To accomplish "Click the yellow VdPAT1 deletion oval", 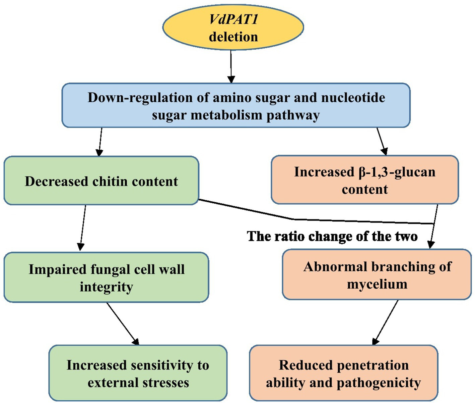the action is (x=233, y=28).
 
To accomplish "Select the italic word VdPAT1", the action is (x=233, y=19).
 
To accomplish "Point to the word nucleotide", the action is (x=353, y=98).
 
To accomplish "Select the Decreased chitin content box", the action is (x=101, y=181).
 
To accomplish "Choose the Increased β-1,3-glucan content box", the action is (x=364, y=180).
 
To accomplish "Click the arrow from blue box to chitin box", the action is (x=100, y=142).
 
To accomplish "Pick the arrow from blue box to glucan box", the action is (x=382, y=141).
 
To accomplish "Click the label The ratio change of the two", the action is (x=332, y=236).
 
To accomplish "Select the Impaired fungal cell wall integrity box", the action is (x=106, y=277).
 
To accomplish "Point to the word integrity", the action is (x=106, y=287).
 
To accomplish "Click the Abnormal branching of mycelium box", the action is (x=377, y=275).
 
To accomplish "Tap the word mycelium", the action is (x=377, y=284).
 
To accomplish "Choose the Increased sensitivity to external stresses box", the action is (x=138, y=373).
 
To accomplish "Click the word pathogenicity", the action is (x=379, y=383).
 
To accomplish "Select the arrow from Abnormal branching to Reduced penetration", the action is (x=386, y=322).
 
